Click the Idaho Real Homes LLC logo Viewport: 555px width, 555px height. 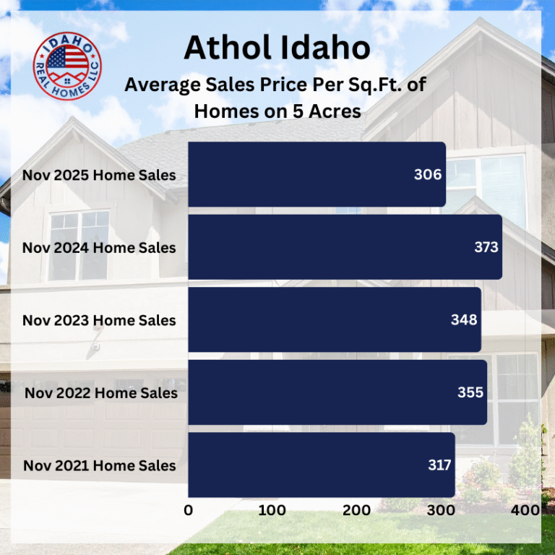tap(67, 66)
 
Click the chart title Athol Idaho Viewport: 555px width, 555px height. tap(277, 48)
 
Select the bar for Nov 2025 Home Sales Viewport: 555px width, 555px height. tap(317, 175)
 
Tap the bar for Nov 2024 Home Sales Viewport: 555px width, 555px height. tap(345, 247)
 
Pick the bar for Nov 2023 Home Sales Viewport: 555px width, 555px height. tap(334, 319)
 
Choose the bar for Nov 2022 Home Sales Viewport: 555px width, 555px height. tap(337, 392)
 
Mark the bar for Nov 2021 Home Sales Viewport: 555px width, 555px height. tap(321, 465)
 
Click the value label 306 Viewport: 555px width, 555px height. tap(428, 175)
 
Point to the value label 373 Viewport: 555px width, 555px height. tap(486, 247)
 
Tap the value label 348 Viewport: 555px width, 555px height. tap(464, 319)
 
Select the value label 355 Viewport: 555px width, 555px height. tap(470, 392)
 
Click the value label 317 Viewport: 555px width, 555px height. tap(439, 465)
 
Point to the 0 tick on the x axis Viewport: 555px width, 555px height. tap(189, 510)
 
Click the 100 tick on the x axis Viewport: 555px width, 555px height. tap(272, 510)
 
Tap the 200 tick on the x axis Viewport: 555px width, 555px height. tap(356, 510)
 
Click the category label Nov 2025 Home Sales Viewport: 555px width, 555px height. tap(99, 175)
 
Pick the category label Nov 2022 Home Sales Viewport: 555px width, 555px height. tap(100, 393)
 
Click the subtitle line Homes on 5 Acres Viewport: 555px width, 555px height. tap(277, 111)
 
